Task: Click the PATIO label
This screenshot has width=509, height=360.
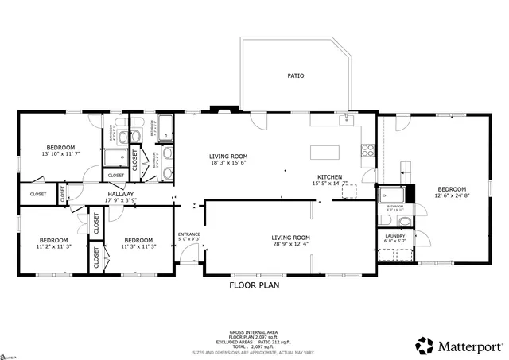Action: click(x=296, y=76)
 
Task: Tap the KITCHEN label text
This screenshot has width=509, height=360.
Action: click(x=330, y=176)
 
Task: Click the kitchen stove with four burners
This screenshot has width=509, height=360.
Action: click(x=368, y=148)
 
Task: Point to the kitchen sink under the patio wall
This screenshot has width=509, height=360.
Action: click(x=346, y=120)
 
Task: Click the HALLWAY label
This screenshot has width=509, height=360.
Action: click(x=121, y=194)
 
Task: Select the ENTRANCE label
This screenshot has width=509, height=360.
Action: click(x=188, y=234)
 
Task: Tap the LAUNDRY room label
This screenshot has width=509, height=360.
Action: click(x=395, y=236)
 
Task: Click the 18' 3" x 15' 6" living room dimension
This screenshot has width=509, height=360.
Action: click(x=228, y=163)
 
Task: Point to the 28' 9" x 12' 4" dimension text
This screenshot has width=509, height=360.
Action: click(x=290, y=244)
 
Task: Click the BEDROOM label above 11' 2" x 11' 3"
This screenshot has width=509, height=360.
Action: click(x=54, y=240)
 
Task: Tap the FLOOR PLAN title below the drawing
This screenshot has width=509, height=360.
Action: click(x=254, y=285)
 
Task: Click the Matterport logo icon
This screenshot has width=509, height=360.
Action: click(x=424, y=346)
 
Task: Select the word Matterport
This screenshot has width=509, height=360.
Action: click(x=468, y=346)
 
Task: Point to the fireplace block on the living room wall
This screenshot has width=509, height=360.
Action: click(x=216, y=110)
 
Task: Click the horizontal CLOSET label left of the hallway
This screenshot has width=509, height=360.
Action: click(x=38, y=194)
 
